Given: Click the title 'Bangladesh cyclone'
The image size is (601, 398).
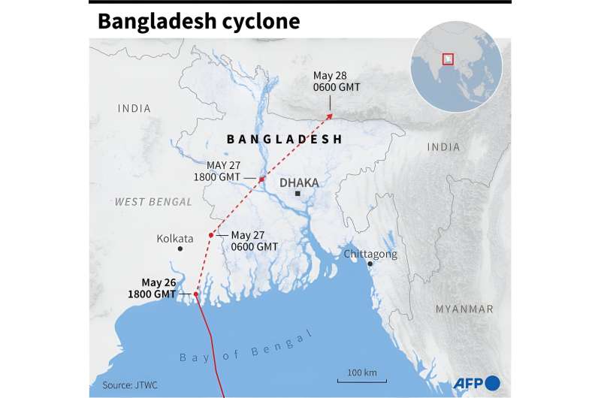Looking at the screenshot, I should tap(198, 22).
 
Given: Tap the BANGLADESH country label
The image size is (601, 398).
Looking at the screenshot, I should tap(285, 140).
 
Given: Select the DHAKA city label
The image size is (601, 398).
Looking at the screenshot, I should tap(299, 182).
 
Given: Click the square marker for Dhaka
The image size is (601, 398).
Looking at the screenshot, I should tap(298, 194).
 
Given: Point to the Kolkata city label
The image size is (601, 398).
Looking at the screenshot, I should tap(175, 239).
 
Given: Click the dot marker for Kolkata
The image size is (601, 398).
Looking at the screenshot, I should tap(180, 249).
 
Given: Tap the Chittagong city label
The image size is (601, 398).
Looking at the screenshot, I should tap(370, 254).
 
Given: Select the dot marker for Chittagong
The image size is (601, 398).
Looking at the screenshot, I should tap(370, 264).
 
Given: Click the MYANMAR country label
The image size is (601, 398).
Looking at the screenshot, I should tap(465, 309).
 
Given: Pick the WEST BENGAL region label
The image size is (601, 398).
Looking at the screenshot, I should tap(153, 202).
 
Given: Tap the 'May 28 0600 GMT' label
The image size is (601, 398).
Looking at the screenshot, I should tap(337, 81).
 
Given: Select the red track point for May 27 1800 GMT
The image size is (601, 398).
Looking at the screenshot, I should tap(261, 179).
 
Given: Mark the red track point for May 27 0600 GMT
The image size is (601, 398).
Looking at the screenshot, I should tap(211, 236).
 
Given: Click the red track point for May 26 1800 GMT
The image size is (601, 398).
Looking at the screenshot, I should tap(195, 294).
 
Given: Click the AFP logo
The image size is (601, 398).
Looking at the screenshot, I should tap(476, 383).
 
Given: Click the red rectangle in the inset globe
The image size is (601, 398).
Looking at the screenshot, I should tap(448, 58).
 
